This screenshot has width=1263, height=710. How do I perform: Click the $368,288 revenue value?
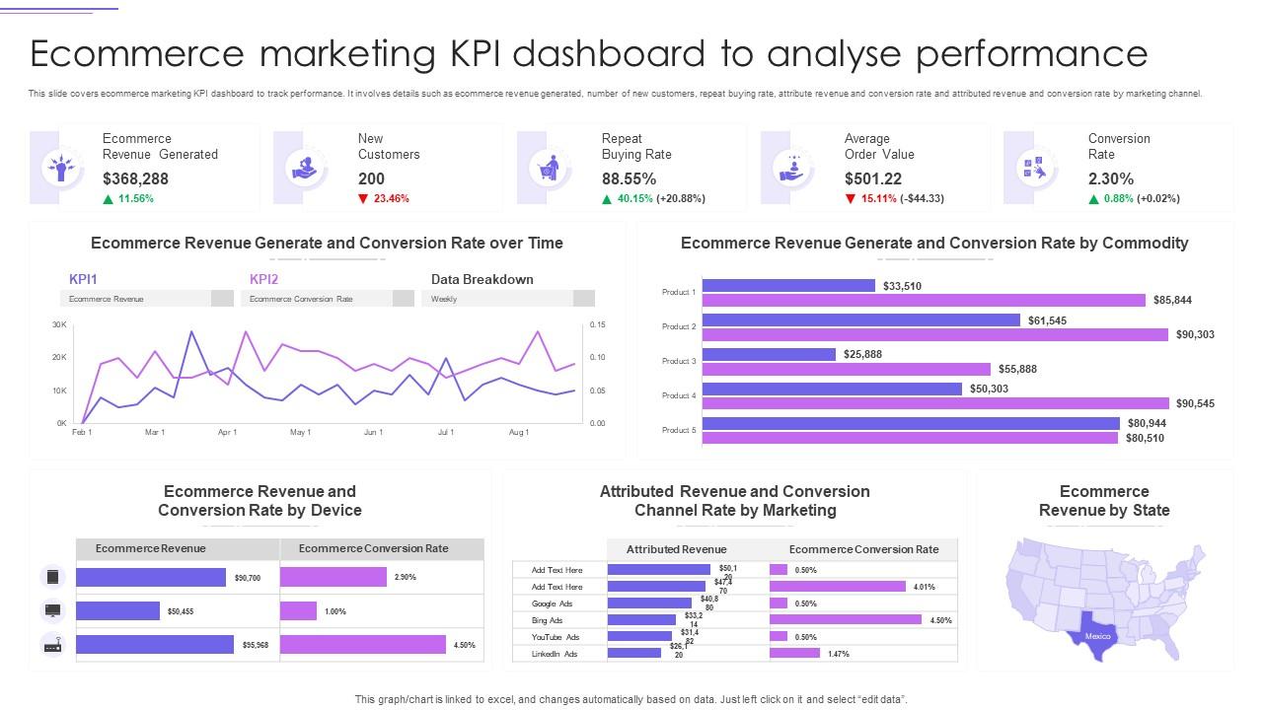pos(135,178)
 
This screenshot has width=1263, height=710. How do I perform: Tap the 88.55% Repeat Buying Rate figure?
pos(629,178)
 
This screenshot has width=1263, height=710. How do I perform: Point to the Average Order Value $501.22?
pos(873,178)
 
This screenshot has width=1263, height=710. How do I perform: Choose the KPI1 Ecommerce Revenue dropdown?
pos(146,299)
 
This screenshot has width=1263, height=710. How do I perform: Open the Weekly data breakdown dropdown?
pos(507,299)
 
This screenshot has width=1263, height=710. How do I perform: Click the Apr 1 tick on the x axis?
pos(227,432)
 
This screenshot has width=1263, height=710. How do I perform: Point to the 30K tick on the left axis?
pos(59,324)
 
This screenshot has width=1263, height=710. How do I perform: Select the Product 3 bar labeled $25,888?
pos(769,354)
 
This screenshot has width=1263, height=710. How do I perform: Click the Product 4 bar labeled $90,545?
pos(935,403)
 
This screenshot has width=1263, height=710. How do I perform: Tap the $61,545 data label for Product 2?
pos(1047,320)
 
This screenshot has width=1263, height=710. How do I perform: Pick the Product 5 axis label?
pos(679,430)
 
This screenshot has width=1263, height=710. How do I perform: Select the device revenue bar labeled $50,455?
pos(117,611)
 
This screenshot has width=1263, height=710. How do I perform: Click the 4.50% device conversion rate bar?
pos(363,645)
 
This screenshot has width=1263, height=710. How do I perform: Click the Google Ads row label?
pos(552,603)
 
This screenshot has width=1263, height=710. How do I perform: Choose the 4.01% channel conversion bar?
pos(837,587)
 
